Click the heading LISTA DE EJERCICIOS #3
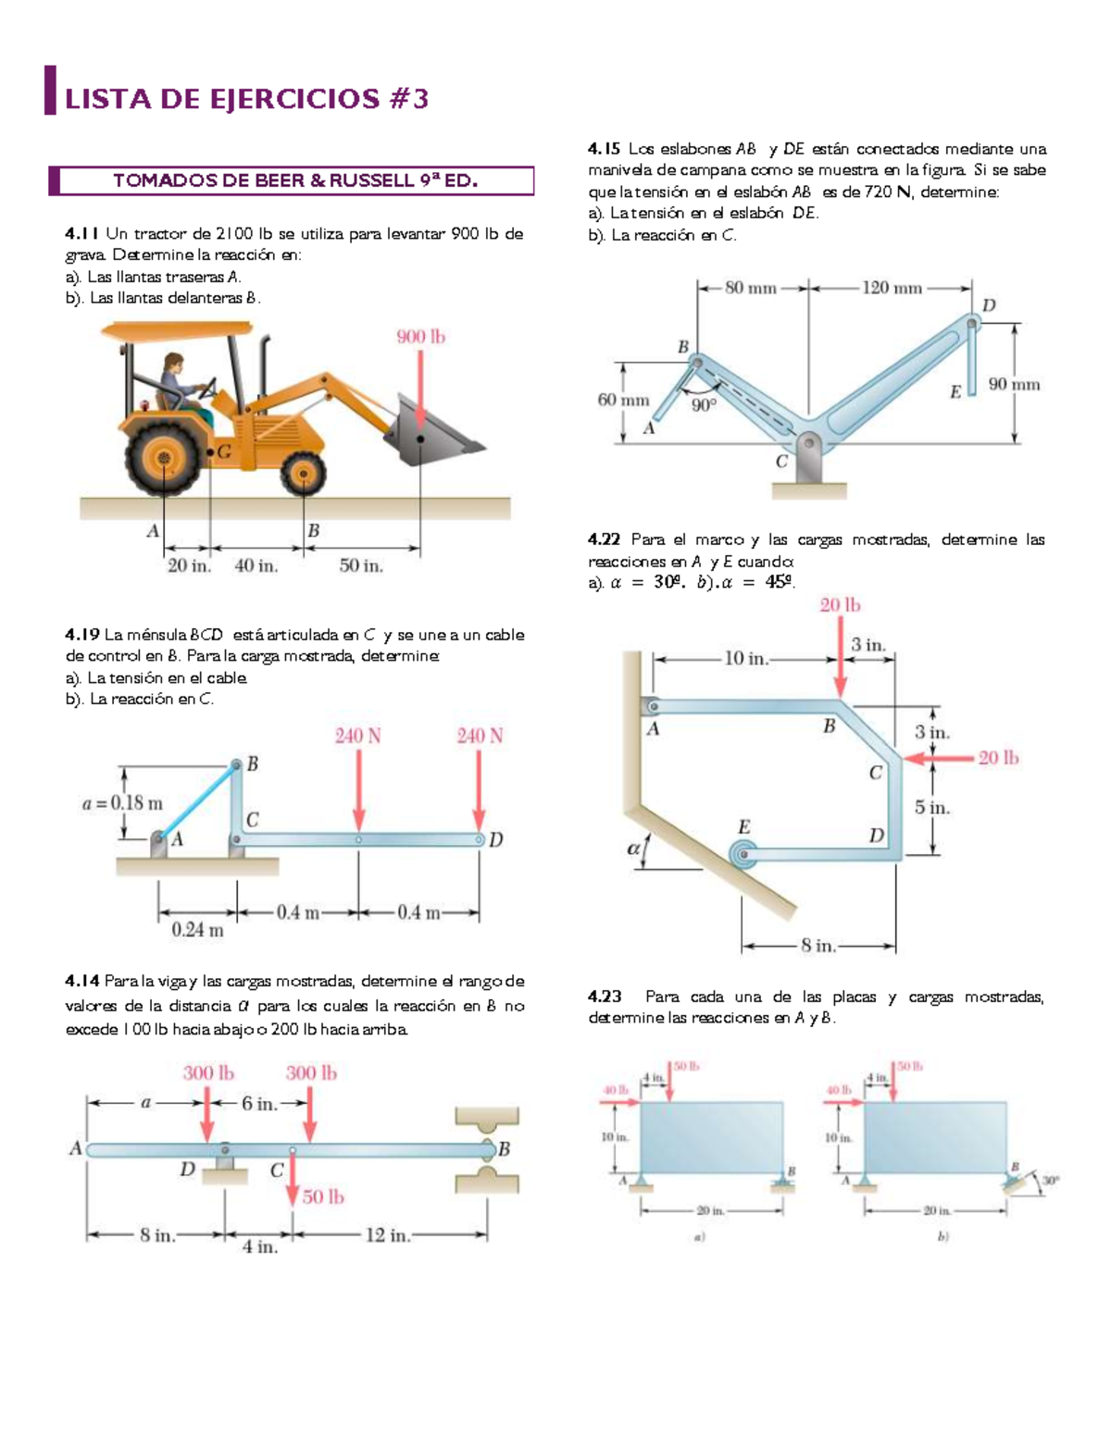[x=246, y=99]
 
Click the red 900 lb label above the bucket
[x=421, y=337]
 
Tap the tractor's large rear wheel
[x=165, y=459]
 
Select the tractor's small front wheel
[x=303, y=477]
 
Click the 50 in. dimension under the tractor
[x=361, y=565]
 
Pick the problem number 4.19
[x=81, y=635]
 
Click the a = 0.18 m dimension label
[x=122, y=802]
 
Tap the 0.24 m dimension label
[x=197, y=930]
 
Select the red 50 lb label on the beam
[x=323, y=1196]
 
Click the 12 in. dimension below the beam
[x=387, y=1235]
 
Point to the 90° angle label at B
[x=704, y=404]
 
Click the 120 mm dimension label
[x=892, y=288]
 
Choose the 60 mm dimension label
[x=623, y=400]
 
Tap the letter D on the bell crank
[x=988, y=305]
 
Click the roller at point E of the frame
[x=743, y=854]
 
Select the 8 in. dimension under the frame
[x=818, y=946]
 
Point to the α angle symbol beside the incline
[x=634, y=847]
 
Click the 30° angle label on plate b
[x=1050, y=1181]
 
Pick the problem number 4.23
[x=605, y=997]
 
